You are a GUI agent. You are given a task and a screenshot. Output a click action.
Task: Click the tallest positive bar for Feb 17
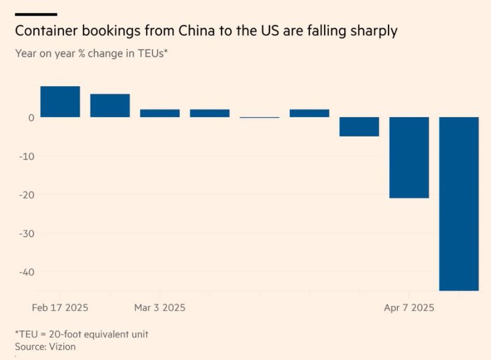pyautogui.click(x=60, y=101)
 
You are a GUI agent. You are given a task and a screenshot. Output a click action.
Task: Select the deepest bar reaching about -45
pyautogui.click(x=459, y=203)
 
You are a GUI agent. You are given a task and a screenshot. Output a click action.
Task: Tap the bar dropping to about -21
pyautogui.click(x=409, y=157)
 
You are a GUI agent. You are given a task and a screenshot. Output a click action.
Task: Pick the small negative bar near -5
pyautogui.click(x=359, y=127)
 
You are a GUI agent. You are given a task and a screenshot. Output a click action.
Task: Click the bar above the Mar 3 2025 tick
pyautogui.click(x=160, y=113)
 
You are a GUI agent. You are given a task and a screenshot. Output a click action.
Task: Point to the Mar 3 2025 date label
pyautogui.click(x=160, y=307)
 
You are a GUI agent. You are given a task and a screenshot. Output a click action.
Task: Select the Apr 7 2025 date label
pyautogui.click(x=409, y=307)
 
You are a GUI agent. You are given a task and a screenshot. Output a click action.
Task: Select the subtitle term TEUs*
pyautogui.click(x=152, y=53)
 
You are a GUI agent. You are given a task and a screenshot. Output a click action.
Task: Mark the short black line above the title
pyautogui.click(x=36, y=14)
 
